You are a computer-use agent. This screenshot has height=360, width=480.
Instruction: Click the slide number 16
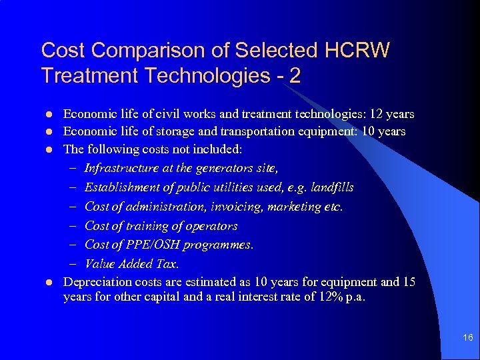468,339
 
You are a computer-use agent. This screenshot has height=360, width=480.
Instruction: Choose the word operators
213,226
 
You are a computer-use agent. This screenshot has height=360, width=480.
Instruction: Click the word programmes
220,245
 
